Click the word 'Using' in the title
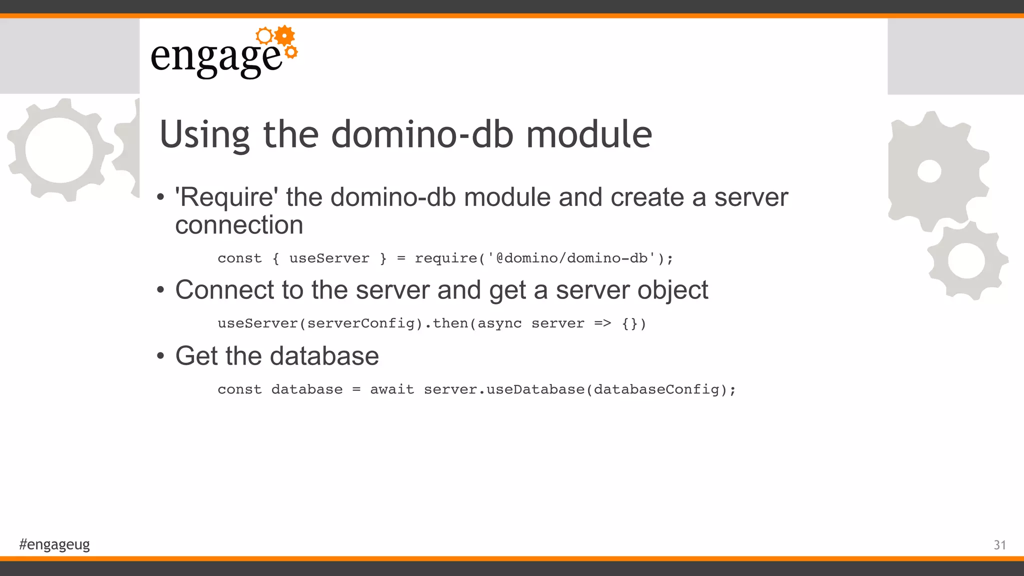(204, 135)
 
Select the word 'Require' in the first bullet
(226, 197)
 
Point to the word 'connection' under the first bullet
(239, 225)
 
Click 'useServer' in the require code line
(329, 258)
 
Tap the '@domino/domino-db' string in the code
(571, 258)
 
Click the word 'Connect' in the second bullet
(225, 290)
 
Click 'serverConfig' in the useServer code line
(361, 324)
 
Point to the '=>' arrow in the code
(602, 323)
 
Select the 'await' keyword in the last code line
(392, 389)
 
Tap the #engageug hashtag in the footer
(54, 544)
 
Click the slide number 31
(999, 545)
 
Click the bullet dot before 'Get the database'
(160, 356)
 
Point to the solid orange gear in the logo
(284, 35)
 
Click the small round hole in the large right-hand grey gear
(929, 171)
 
